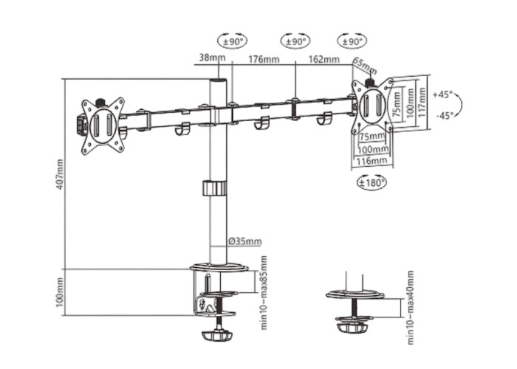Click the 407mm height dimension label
(x=60, y=174)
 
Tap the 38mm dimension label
(x=213, y=58)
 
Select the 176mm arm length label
(x=264, y=59)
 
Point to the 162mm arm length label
(x=323, y=59)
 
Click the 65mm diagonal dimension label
(x=365, y=66)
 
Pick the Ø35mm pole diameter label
(x=245, y=241)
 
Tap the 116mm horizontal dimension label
(x=372, y=161)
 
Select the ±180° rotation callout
(x=372, y=182)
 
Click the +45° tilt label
(x=443, y=94)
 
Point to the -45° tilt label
(x=445, y=115)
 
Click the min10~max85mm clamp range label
(x=264, y=292)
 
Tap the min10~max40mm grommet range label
(x=410, y=308)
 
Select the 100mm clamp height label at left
(x=60, y=292)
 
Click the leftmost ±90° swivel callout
(x=233, y=41)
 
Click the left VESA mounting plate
(x=103, y=126)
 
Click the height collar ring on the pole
(x=214, y=188)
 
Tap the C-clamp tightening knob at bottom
(x=217, y=335)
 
